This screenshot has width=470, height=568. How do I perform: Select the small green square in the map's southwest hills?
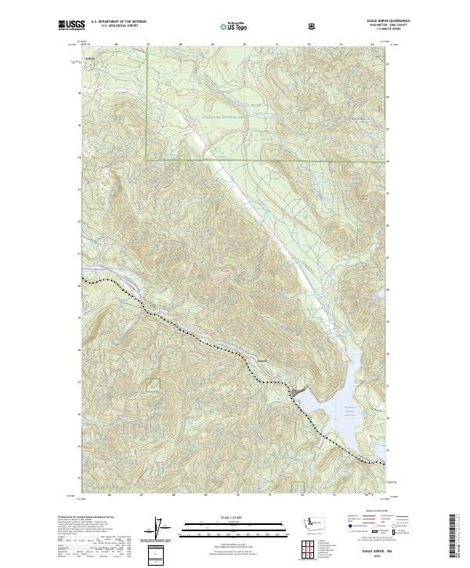[152, 383]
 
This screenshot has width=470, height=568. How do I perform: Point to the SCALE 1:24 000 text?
[236, 516]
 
